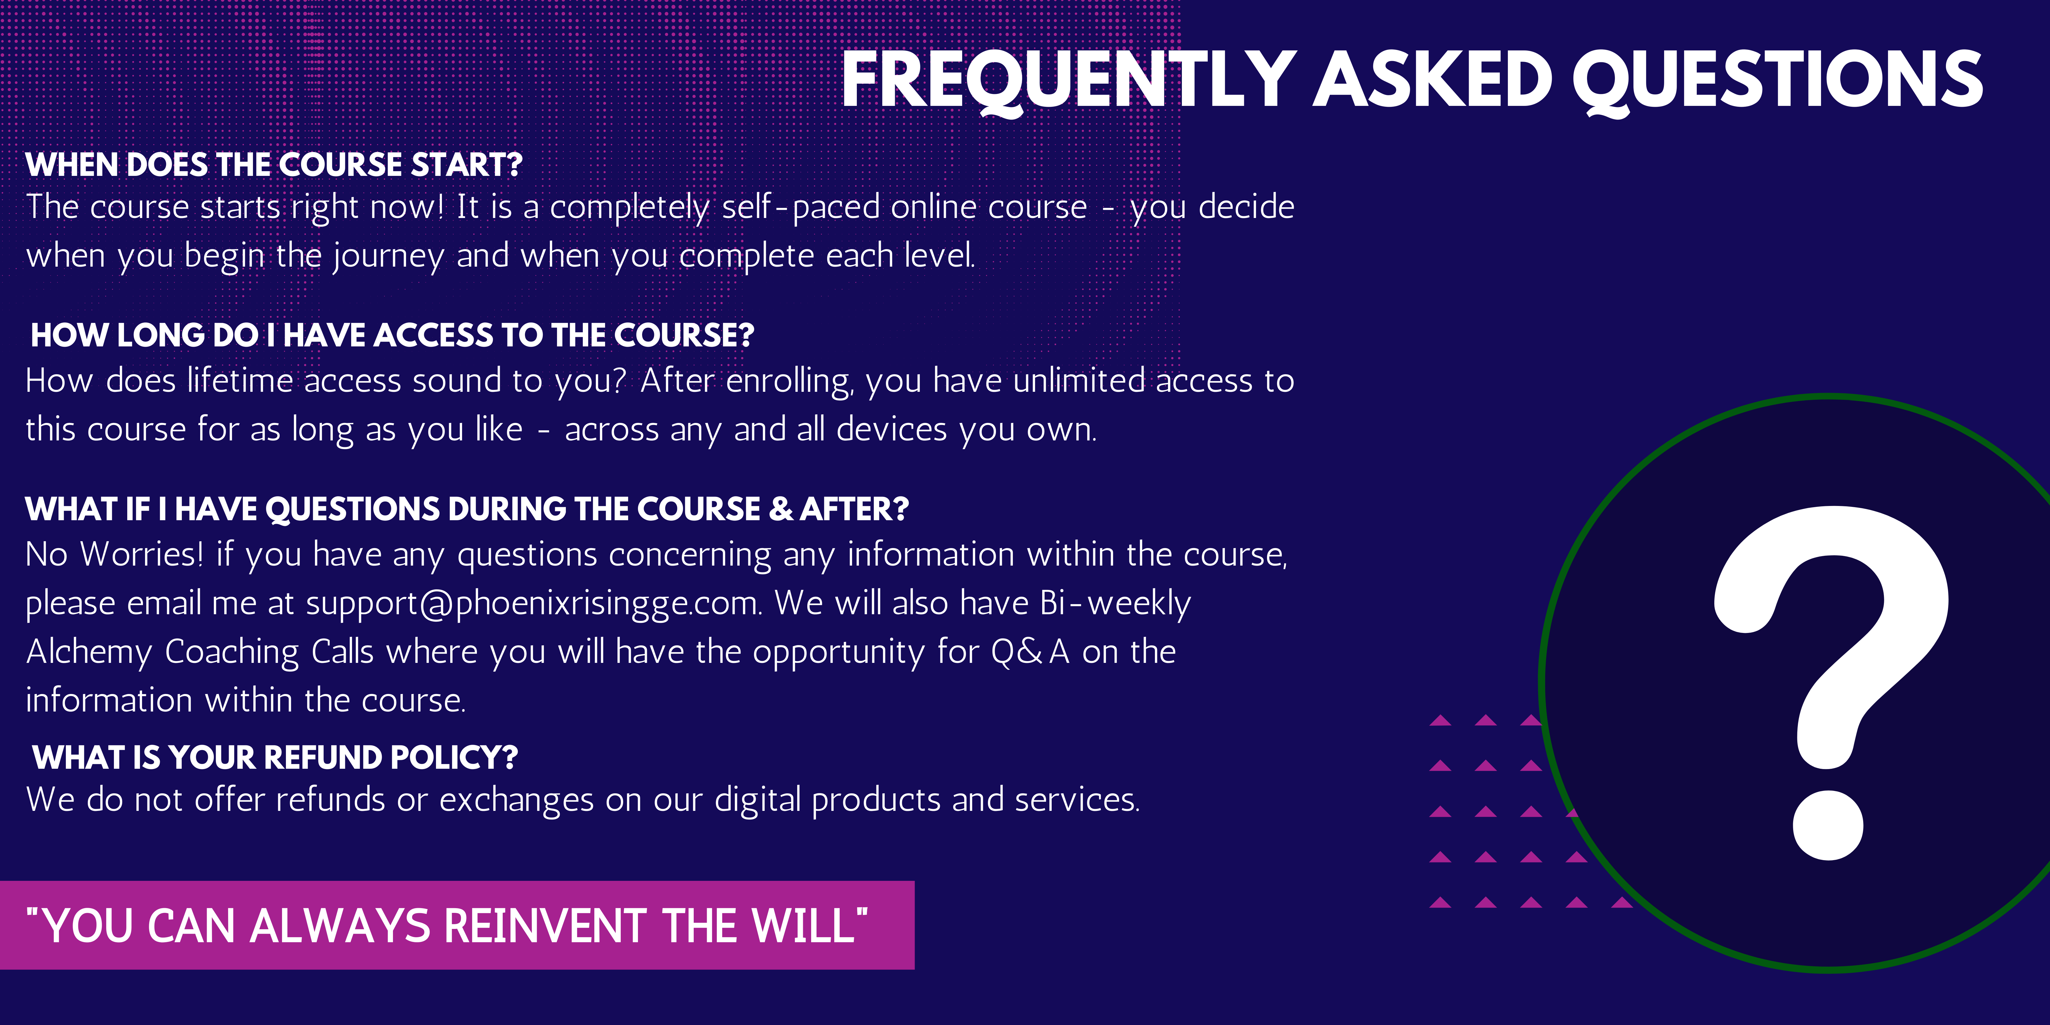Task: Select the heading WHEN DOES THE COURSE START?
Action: point(274,165)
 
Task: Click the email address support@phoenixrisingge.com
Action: point(533,603)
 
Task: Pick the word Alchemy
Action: point(88,652)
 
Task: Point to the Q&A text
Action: point(1030,652)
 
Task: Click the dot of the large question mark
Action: point(1828,825)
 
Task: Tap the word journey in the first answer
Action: point(388,256)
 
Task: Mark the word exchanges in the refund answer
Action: point(516,800)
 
